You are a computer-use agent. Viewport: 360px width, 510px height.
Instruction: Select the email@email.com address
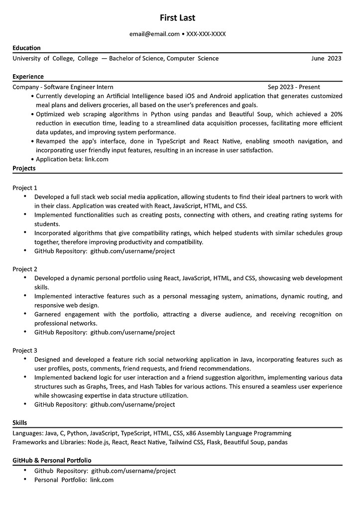pyautogui.click(x=154, y=34)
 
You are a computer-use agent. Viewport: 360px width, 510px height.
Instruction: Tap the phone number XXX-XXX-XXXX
pyautogui.click(x=206, y=34)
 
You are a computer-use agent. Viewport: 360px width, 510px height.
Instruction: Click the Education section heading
pyautogui.click(x=26, y=48)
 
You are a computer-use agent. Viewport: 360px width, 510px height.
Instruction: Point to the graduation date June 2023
pyautogui.click(x=326, y=58)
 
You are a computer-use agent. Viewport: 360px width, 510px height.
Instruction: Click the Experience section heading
pyautogui.click(x=28, y=76)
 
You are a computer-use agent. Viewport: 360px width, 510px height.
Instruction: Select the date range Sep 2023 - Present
pyautogui.click(x=294, y=87)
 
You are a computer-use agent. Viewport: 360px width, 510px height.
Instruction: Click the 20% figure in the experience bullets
pyautogui.click(x=336, y=114)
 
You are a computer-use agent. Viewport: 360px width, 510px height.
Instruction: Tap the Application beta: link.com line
pyautogui.click(x=72, y=159)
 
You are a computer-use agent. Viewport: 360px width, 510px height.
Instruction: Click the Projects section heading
pyautogui.click(x=24, y=168)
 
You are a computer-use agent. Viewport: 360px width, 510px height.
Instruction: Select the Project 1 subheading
pyautogui.click(x=25, y=188)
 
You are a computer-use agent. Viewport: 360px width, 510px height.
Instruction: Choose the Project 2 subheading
pyautogui.click(x=25, y=269)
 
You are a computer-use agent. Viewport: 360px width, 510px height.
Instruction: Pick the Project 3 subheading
pyautogui.click(x=25, y=350)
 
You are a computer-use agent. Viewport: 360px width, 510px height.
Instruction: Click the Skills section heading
pyautogui.click(x=20, y=422)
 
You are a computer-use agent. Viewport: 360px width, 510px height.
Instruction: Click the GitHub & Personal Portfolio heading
pyautogui.click(x=52, y=460)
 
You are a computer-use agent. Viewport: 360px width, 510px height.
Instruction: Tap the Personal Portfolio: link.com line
pyautogui.click(x=74, y=480)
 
